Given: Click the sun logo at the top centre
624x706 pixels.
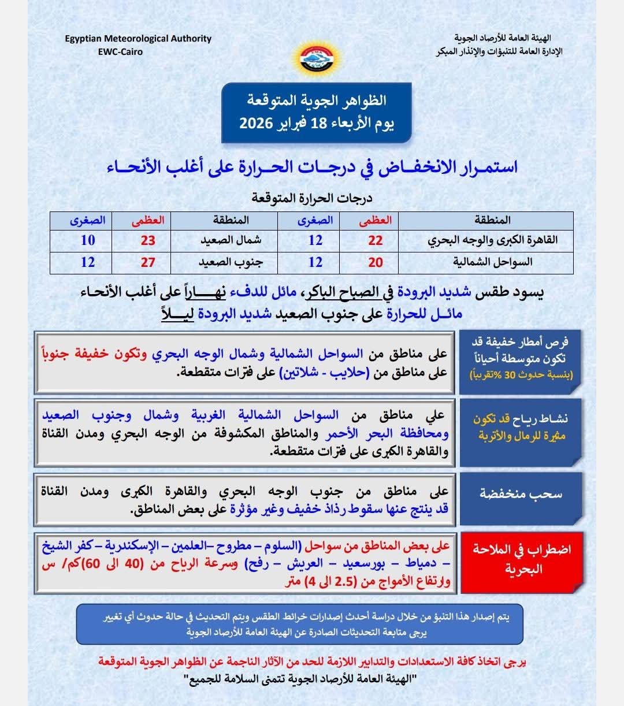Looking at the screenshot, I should [x=312, y=58].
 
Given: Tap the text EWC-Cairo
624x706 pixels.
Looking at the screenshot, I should [x=121, y=51].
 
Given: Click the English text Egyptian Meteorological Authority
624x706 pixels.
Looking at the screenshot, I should [x=138, y=39].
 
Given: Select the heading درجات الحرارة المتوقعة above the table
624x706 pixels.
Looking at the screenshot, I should [x=312, y=198].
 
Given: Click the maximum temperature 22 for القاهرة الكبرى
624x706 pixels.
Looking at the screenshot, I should [x=375, y=240].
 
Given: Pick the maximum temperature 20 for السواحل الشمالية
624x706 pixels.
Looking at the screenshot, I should [x=375, y=262].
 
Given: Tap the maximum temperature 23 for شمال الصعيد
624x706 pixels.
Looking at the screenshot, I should [x=148, y=240].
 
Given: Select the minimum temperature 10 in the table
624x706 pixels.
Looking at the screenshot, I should [x=88, y=240].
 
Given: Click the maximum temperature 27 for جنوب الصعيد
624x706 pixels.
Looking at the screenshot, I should [x=148, y=262].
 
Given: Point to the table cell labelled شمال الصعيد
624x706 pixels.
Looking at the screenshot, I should [x=231, y=240].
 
